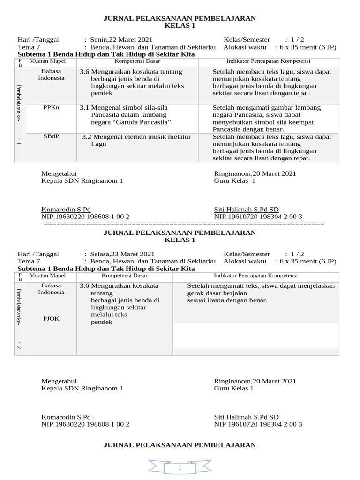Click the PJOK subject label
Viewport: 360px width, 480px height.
point(51,319)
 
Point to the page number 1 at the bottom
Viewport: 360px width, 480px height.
point(180,468)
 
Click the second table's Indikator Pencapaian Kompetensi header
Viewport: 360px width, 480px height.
point(255,276)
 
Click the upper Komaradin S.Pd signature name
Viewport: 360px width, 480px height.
point(66,210)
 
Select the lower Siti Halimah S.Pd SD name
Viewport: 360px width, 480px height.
point(246,417)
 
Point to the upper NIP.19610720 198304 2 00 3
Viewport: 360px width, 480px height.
point(258,217)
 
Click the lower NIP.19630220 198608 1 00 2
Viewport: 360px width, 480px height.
point(85,424)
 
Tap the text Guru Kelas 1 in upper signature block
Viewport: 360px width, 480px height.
point(234,180)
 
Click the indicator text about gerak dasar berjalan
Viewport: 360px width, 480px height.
point(261,293)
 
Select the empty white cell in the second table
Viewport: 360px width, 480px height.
point(255,335)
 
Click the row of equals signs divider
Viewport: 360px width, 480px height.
point(184,224)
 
